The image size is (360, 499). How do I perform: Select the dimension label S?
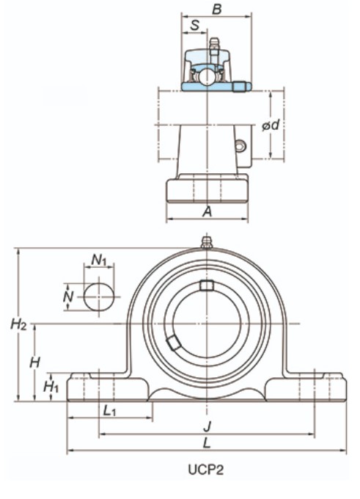[x=194, y=26]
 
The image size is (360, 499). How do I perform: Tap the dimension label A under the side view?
[x=207, y=211]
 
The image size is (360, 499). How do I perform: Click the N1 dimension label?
[x=100, y=260]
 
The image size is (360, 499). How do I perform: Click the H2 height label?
[x=19, y=324]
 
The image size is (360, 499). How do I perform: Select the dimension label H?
[x=34, y=361]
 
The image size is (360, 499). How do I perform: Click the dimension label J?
[x=207, y=426]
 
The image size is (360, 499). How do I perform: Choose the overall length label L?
[x=207, y=442]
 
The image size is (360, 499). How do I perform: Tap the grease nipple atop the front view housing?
[x=207, y=241]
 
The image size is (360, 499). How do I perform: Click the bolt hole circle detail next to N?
[x=98, y=296]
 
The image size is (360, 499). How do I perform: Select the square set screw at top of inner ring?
[x=207, y=285]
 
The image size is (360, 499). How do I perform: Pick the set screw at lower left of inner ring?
[x=173, y=343]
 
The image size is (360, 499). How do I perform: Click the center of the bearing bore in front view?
[x=207, y=323]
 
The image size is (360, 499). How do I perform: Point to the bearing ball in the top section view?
[x=209, y=75]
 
